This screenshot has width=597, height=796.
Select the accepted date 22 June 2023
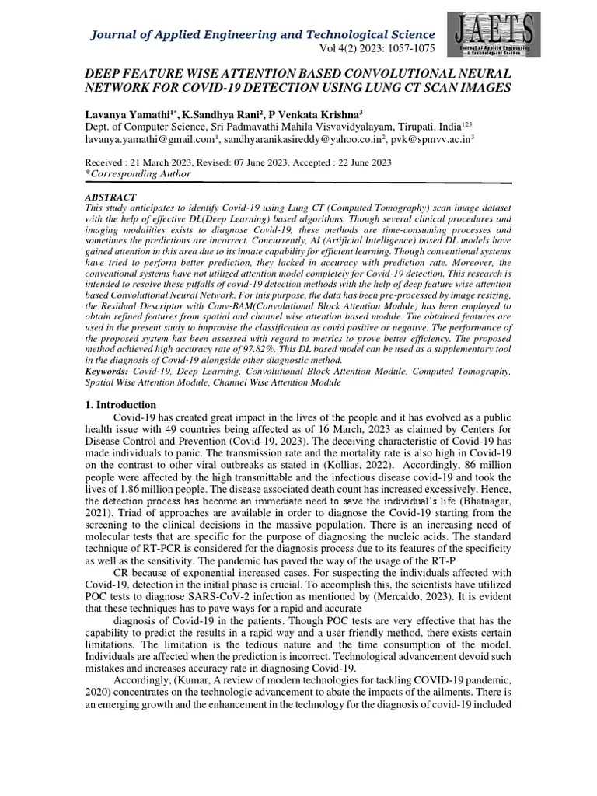pos(356,162)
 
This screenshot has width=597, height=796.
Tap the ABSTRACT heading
pos(110,197)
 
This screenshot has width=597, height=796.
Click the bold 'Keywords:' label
pos(108,372)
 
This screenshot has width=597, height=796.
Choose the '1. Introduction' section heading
pos(120,405)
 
